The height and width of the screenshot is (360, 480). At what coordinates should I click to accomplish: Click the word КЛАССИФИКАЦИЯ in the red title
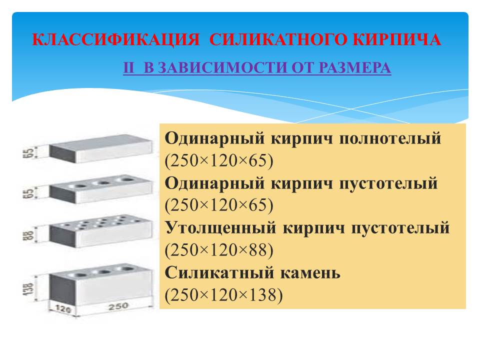(115, 39)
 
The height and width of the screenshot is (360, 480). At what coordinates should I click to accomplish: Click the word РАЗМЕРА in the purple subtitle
(355, 67)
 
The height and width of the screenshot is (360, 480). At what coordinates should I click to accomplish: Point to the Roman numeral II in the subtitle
(128, 67)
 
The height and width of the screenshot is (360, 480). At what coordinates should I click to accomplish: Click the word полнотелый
(390, 138)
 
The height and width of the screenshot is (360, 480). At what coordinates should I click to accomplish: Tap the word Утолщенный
(220, 228)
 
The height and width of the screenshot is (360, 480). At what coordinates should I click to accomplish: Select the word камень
(310, 272)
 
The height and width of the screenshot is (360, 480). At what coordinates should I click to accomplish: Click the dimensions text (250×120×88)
(219, 250)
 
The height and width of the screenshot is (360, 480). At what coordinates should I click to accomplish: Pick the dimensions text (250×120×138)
(224, 295)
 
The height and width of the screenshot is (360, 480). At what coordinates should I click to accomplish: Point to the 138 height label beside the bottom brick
(29, 288)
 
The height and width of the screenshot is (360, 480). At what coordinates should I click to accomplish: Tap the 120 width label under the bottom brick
(63, 309)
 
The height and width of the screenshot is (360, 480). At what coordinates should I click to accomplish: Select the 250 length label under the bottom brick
(118, 306)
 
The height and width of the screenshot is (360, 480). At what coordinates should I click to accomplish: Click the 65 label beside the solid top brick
(28, 153)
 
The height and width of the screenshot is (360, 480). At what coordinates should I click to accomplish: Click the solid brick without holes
(100, 148)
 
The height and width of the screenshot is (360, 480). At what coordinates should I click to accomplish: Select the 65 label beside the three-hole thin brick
(28, 193)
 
